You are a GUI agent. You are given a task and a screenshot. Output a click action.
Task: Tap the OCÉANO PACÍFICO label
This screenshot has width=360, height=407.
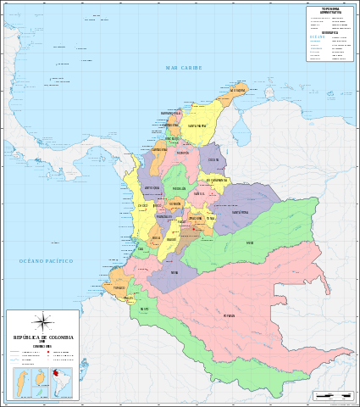(47, 261)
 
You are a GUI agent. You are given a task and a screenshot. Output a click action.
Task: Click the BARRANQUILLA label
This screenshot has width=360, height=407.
(172, 113)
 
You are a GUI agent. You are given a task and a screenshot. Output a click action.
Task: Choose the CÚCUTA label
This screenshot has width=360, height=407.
(213, 159)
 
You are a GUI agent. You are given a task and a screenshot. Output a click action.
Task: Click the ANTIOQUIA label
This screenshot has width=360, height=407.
(152, 187)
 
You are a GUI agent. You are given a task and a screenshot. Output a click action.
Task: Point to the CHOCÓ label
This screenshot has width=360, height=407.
(142, 205)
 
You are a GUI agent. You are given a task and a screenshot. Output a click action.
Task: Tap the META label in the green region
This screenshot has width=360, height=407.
(250, 243)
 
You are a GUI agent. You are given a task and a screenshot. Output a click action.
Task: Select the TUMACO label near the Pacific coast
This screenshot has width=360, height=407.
(119, 287)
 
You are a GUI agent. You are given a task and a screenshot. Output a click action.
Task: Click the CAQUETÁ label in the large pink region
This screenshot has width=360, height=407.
(229, 315)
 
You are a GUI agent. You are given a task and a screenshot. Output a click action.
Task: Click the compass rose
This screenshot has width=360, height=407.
(42, 321)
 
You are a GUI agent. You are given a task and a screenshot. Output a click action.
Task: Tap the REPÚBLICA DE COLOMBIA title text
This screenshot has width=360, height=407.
(42, 337)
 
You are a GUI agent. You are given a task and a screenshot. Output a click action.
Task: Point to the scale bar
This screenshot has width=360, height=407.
(332, 396)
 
